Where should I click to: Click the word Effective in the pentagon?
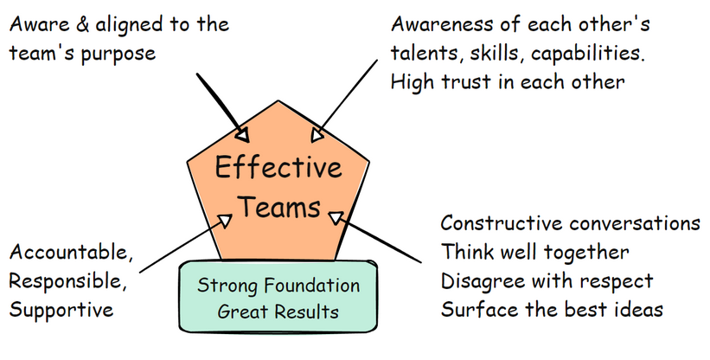point(278,166)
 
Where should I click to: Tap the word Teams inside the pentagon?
point(278,208)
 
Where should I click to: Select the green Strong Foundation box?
point(278,297)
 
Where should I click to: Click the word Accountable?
point(70,252)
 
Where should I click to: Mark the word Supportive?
point(61,309)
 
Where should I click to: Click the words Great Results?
point(278,310)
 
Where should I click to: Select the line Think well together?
point(534,252)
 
